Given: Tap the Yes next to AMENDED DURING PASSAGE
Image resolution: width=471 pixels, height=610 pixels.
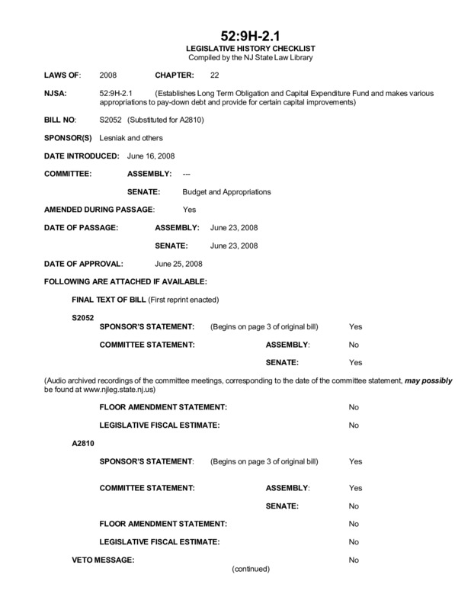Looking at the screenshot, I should point(190,209).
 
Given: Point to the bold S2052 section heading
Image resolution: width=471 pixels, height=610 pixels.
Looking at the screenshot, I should point(83,314).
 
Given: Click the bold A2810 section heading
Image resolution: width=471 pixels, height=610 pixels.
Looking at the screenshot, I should point(83,442).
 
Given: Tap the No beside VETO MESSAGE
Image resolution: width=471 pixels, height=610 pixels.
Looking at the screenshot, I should point(354,560).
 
